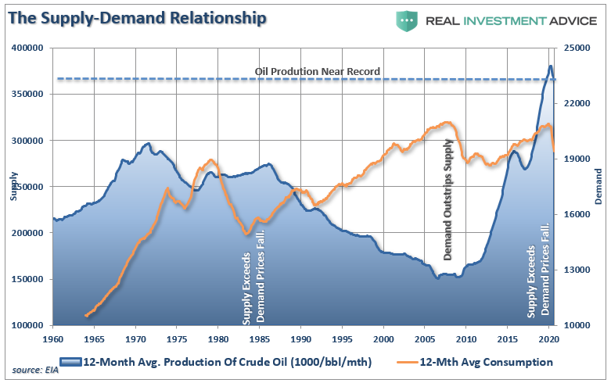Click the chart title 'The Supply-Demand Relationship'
tap(137, 17)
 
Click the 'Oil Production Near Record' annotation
tap(318, 71)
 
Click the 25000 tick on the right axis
tap(579, 48)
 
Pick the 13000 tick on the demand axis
tap(579, 270)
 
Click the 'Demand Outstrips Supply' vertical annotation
tap(448, 199)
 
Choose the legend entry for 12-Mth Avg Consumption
tap(485, 362)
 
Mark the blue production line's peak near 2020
tap(550, 66)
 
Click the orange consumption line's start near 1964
tap(84, 316)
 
